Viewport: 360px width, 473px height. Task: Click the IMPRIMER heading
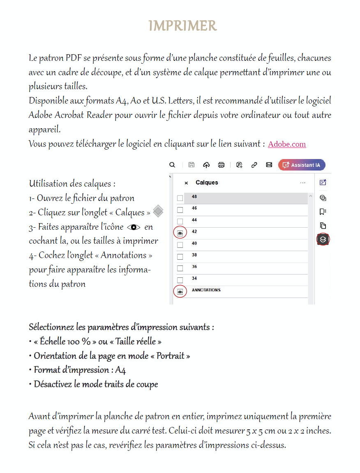point(182,26)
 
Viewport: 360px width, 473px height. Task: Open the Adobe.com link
point(287,144)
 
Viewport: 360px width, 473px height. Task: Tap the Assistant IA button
point(302,165)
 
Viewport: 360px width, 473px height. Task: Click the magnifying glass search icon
point(172,165)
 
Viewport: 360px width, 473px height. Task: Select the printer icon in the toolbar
point(221,165)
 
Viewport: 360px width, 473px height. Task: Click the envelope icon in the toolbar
point(269,165)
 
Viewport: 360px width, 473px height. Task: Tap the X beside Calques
point(186,183)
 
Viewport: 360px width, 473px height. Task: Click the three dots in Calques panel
point(303,183)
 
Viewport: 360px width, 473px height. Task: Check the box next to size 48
point(180,198)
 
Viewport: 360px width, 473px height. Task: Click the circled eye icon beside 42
point(180,233)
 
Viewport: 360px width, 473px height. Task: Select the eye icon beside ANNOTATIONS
point(180,291)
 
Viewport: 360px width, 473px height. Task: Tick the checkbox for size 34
point(180,280)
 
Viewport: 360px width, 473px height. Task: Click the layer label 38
point(194,255)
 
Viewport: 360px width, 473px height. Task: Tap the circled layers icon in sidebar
point(323,240)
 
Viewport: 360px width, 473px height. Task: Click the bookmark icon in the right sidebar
point(323,212)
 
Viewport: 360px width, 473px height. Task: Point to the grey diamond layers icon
point(158,212)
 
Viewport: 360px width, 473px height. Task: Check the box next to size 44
point(180,222)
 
